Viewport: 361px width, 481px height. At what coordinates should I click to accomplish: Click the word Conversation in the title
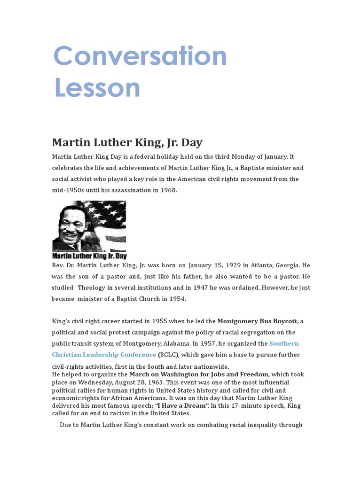(x=140, y=56)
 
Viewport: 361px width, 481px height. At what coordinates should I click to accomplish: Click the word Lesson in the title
(x=97, y=87)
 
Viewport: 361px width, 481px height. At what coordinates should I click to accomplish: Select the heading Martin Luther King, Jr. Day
(x=127, y=142)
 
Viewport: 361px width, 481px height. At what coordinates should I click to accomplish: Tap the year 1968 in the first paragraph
(x=168, y=190)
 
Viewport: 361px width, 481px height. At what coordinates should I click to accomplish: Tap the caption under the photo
(x=89, y=256)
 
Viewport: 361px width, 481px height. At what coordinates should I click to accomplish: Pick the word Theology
(x=94, y=287)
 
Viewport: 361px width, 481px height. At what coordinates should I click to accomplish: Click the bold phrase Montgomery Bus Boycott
(x=257, y=321)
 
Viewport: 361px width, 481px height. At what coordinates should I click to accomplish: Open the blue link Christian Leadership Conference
(x=104, y=355)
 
